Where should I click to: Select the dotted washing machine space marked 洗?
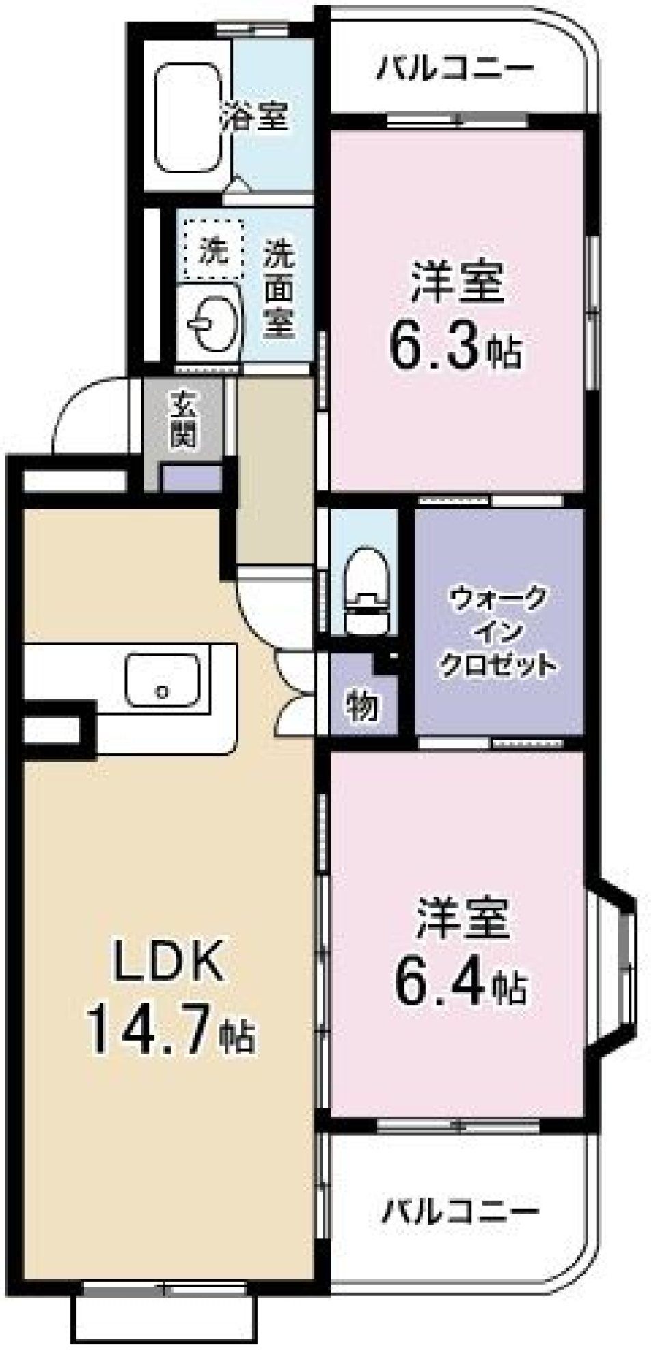213,249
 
